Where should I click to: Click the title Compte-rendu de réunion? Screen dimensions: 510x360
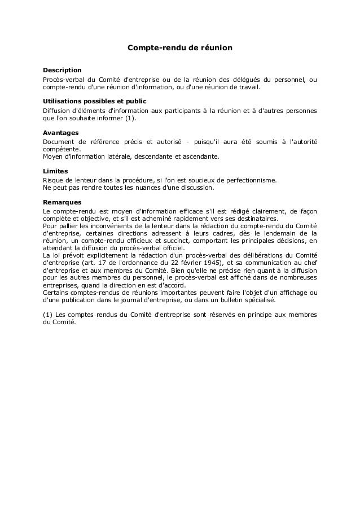179,49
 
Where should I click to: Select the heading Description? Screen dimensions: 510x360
63,70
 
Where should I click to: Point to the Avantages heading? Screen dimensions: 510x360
61,132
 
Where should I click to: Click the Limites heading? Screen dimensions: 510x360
56,171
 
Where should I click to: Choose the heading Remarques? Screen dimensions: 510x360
63,202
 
